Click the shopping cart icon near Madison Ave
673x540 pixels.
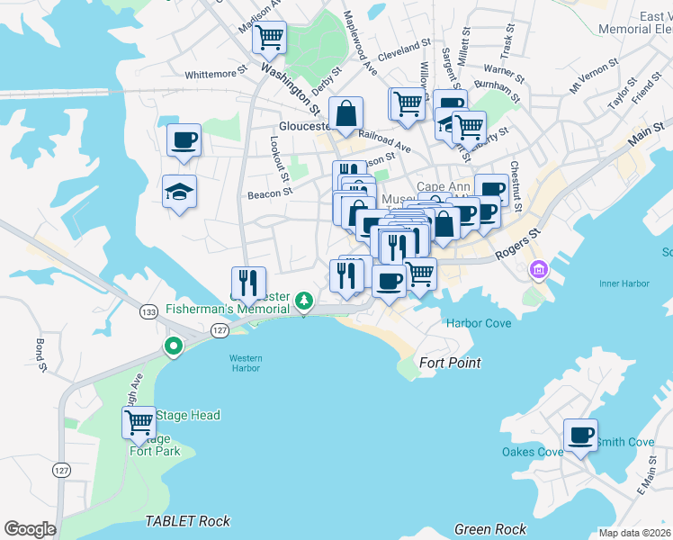tap(269, 38)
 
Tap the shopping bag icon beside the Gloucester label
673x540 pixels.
tap(345, 114)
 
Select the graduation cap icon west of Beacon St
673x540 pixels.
tap(180, 192)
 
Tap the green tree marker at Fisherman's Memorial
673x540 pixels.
tap(305, 299)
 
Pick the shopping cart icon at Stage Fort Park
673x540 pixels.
tap(139, 421)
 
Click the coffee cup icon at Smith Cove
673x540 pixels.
tap(580, 436)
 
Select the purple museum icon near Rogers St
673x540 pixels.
tap(539, 268)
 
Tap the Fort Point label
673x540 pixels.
tap(450, 363)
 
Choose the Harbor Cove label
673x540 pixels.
tap(479, 323)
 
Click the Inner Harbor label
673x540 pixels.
tap(624, 283)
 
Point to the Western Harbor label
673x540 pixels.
tap(244, 363)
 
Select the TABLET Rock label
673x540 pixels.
tap(187, 521)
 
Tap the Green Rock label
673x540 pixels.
tap(489, 529)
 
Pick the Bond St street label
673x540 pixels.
tap(40, 355)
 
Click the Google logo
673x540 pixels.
tap(30, 529)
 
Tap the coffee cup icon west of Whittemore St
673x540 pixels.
tap(184, 140)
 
